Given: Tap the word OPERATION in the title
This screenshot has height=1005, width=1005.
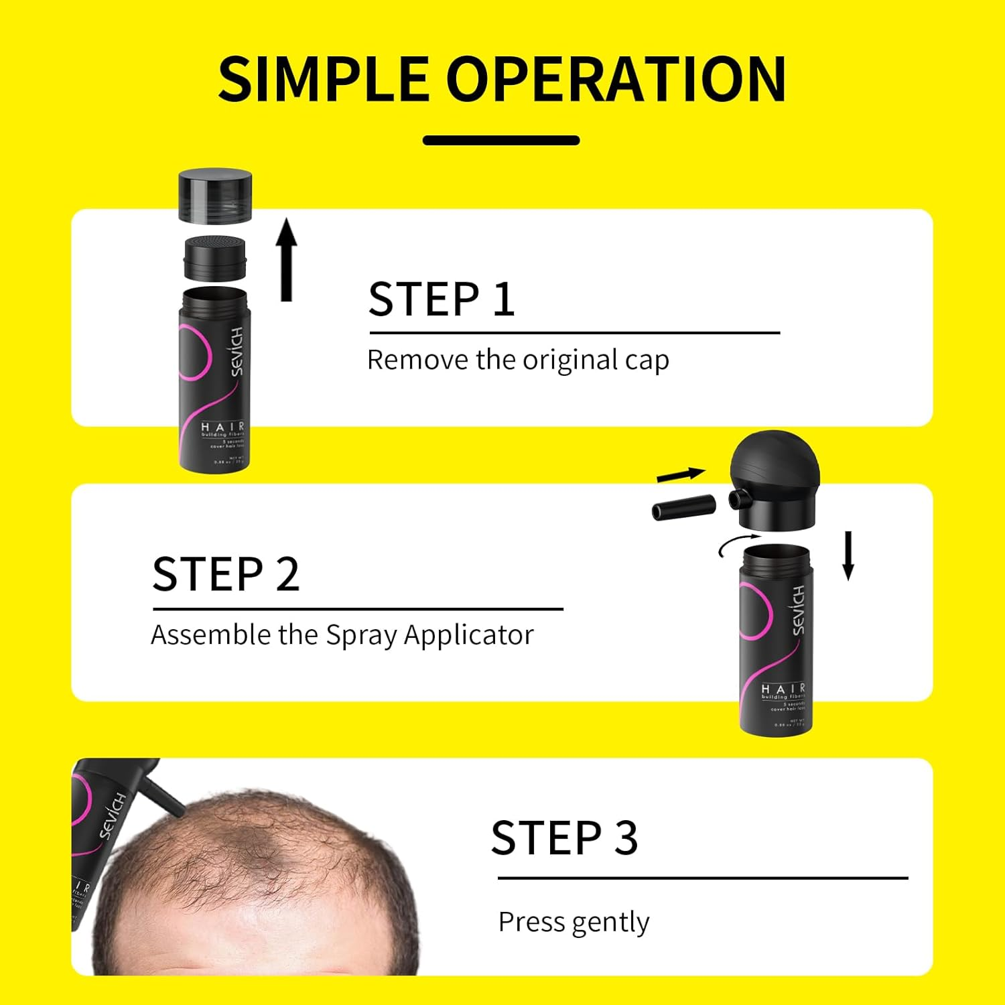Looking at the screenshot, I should click(x=616, y=79).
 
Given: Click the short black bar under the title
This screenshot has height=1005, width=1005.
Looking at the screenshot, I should click(x=501, y=140).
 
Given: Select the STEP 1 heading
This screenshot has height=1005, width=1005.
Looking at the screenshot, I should click(x=442, y=299).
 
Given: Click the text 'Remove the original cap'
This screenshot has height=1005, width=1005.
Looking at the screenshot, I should click(x=518, y=360).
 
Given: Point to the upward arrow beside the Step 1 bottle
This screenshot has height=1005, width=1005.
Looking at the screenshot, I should click(x=287, y=259).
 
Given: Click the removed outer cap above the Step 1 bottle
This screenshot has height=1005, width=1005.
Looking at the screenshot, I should click(x=215, y=196).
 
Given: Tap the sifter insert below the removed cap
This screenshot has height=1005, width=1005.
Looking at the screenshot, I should click(x=215, y=258).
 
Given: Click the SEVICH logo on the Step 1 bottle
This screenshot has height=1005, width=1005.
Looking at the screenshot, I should click(x=236, y=351).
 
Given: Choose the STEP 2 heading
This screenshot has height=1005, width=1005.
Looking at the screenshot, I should click(x=226, y=574).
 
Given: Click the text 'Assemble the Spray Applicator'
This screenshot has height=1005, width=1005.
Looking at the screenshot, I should click(x=342, y=635).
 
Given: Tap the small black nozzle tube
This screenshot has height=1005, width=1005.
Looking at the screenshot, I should click(x=683, y=507).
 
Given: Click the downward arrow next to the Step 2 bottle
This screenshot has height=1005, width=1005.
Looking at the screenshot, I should click(x=848, y=555).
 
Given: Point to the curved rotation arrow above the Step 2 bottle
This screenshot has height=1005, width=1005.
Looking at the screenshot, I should click(x=738, y=543).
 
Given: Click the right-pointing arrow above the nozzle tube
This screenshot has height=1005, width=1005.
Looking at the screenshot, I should click(x=681, y=475).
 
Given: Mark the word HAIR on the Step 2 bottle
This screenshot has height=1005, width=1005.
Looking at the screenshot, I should click(x=783, y=689).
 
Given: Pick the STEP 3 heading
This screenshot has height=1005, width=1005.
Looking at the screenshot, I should click(x=564, y=837).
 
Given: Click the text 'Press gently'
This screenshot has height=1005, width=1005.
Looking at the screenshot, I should click(x=574, y=923).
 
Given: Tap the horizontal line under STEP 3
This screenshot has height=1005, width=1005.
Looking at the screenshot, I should click(x=702, y=877).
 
